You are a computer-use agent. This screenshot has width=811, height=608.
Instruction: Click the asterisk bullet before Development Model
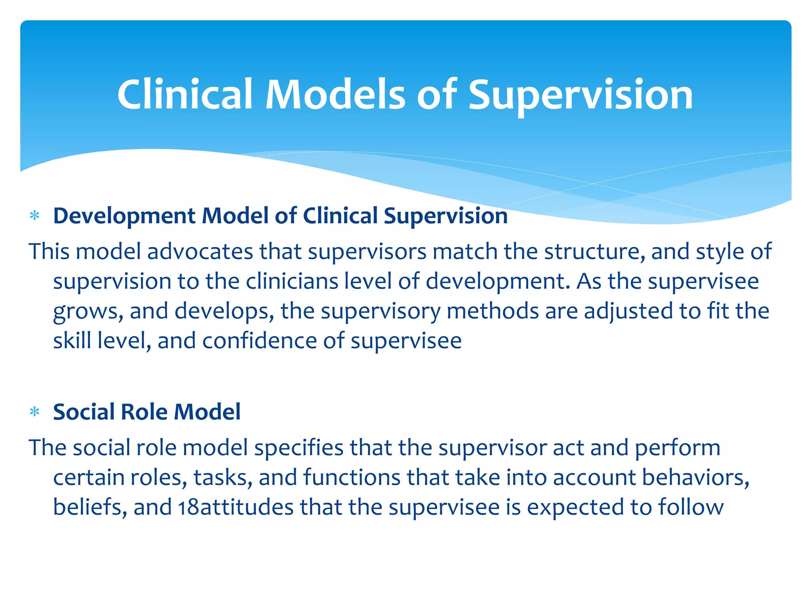pos(35,216)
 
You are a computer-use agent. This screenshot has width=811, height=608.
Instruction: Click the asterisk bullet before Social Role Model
pos(35,412)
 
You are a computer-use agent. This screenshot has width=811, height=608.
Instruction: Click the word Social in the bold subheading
pos(84,412)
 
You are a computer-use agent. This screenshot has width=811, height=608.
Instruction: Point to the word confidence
pos(259,340)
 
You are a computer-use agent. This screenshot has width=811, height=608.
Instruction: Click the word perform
pos(678,448)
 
